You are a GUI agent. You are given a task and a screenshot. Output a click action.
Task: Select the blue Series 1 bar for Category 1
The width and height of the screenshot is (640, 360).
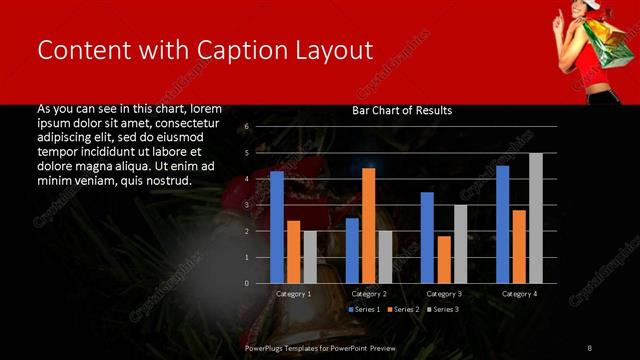tap(277, 227)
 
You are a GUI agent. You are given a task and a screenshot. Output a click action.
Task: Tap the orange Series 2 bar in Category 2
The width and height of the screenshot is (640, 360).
tap(368, 225)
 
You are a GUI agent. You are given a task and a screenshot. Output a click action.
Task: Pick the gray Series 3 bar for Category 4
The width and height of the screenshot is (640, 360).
tap(536, 218)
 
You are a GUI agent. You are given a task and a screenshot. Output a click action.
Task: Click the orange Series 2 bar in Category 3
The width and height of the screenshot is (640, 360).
tap(444, 259)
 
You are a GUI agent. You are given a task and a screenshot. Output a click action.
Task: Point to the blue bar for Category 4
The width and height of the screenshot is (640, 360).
tap(502, 224)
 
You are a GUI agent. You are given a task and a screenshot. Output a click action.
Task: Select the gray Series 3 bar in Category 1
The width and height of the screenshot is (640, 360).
tap(310, 257)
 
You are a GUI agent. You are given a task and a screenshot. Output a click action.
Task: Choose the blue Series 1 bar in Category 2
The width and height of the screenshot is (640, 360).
tap(352, 250)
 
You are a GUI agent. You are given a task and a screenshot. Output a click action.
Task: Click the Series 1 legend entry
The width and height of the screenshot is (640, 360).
tap(364, 310)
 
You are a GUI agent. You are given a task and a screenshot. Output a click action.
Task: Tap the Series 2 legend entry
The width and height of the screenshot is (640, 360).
tap(403, 310)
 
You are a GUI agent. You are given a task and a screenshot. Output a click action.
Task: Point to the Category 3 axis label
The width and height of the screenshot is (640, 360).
tap(444, 294)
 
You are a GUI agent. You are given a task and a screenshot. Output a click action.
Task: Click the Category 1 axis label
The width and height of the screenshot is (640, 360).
tap(294, 294)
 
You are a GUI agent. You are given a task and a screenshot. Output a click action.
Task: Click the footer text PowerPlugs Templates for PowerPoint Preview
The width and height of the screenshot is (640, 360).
tap(321, 347)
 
